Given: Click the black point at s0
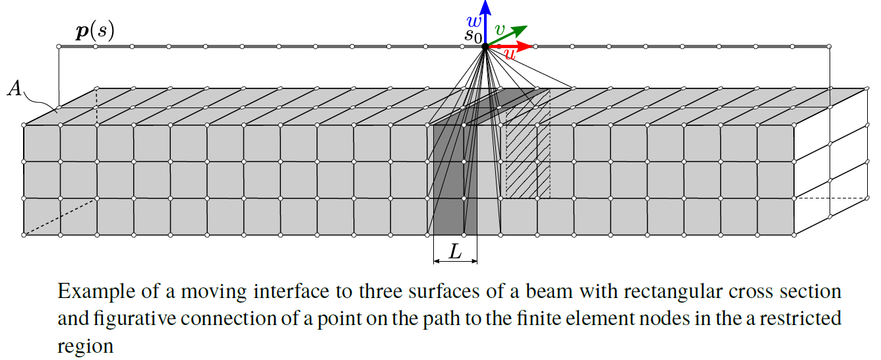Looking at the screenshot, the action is pos(485,46).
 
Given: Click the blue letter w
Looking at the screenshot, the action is pos(474,21).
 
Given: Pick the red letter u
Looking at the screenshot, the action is pos(509,55).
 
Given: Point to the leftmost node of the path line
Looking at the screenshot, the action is pos(59,46).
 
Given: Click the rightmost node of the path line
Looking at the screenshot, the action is pos(829,46).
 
